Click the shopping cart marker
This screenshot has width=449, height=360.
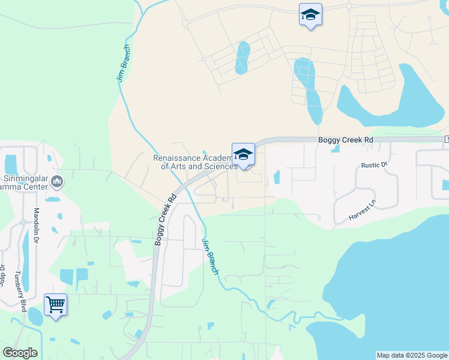click(x=55, y=304)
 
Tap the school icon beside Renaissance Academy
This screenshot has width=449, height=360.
click(x=243, y=155)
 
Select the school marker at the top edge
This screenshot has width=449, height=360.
click(x=310, y=15)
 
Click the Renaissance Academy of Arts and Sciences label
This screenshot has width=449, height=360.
click(x=194, y=162)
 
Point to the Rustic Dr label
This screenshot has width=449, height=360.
click(x=375, y=165)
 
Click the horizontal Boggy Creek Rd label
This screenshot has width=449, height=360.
click(x=345, y=140)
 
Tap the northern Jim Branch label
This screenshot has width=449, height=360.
click(x=122, y=63)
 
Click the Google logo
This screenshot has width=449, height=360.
click(x=20, y=353)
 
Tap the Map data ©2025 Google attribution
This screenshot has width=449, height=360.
click(x=412, y=355)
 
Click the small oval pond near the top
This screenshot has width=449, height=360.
click(x=243, y=58)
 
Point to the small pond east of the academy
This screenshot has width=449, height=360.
click(x=276, y=178)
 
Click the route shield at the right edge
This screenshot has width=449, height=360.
click(x=447, y=139)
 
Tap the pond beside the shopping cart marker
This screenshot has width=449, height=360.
click(x=35, y=316)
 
